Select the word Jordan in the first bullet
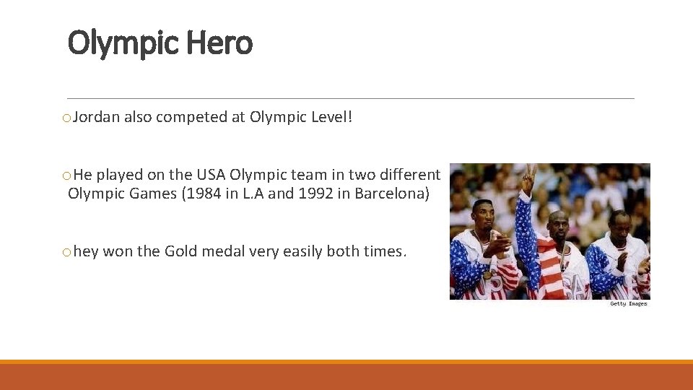(97, 117)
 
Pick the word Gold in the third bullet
(181, 251)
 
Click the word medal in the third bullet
(224, 251)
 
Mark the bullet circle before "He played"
(67, 175)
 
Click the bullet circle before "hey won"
(67, 252)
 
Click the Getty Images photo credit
(628, 304)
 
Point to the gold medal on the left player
(487, 274)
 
